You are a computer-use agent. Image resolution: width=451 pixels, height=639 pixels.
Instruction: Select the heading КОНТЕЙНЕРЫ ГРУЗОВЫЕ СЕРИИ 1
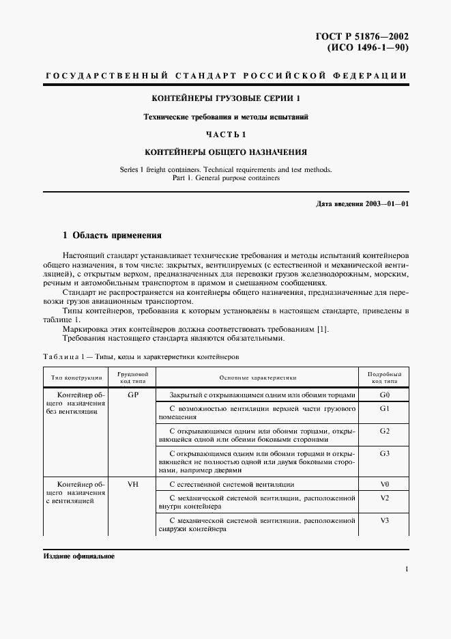tap(226, 98)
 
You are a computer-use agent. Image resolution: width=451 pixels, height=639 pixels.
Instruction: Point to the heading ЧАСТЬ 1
tap(226, 134)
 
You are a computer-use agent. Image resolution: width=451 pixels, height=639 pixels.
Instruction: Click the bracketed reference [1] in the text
tap(322, 329)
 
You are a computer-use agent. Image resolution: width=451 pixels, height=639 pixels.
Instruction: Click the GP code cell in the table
tap(133, 395)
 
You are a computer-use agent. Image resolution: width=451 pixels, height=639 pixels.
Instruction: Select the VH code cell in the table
tap(133, 484)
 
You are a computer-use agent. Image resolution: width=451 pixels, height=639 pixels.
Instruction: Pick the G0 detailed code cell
tap(384, 395)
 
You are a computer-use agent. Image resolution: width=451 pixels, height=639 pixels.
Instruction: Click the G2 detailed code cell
tap(384, 431)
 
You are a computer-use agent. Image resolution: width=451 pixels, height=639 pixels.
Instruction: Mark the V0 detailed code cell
tap(384, 484)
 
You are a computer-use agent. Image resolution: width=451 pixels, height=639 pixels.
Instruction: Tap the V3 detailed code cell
tap(384, 520)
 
